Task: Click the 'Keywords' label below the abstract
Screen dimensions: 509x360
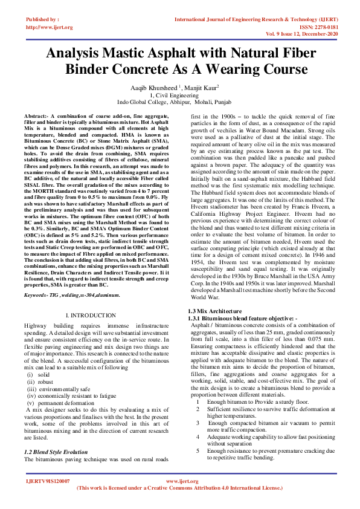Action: pyautogui.click(x=37, y=295)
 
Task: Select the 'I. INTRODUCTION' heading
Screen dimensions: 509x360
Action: pyautogui.click(x=90, y=316)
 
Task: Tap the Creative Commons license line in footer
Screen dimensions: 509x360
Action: pyautogui.click(x=179, y=487)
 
